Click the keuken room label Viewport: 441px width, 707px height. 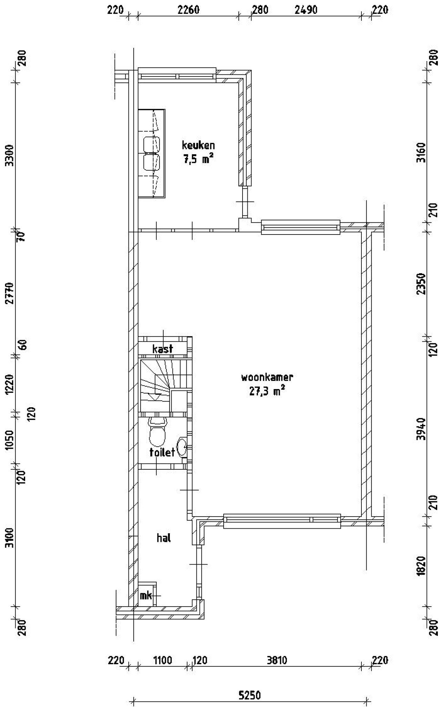198,145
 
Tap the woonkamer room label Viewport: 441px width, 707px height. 267,377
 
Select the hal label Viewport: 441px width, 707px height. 164,538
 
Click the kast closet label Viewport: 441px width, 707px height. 163,349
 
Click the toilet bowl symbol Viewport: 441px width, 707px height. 157,433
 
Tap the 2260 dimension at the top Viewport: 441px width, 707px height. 188,10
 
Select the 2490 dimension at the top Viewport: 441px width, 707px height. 306,10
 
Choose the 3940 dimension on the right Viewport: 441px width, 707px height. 422,429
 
